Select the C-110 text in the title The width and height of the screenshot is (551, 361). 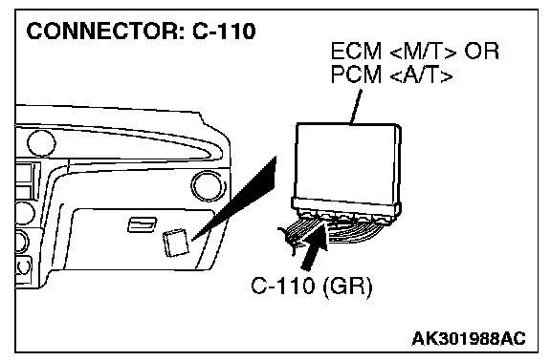224,31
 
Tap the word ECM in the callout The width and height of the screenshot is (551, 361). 356,52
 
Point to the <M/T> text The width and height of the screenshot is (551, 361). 423,52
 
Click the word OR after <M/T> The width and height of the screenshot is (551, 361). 481,52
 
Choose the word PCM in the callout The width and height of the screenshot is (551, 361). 356,74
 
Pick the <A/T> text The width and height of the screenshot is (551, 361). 421,74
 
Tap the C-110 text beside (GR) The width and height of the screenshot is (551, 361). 282,286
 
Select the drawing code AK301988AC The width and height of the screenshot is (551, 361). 469,339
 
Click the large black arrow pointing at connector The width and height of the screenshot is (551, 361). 315,246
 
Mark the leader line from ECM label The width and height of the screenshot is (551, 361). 356,107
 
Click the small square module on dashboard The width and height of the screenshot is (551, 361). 176,243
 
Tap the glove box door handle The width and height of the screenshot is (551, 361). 142,224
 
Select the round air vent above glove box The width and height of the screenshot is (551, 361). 207,185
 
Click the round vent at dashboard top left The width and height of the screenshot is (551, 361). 41,143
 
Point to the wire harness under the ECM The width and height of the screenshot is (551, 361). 334,230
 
